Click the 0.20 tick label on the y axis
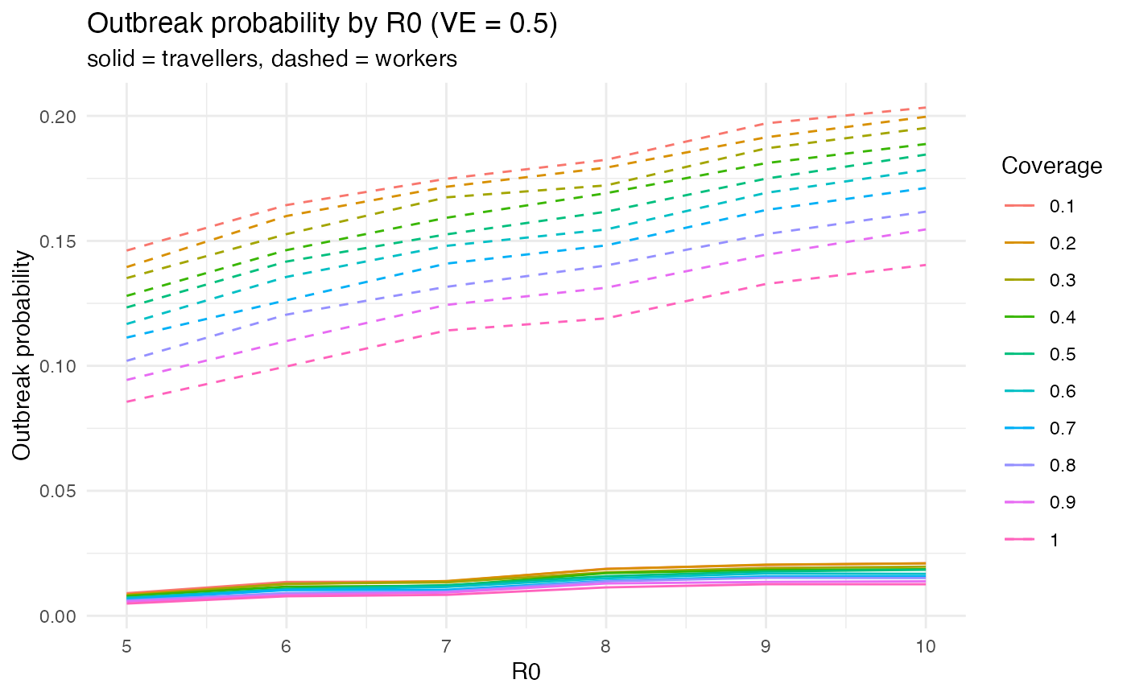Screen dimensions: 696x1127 56,117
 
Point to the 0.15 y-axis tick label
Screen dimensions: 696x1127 56,241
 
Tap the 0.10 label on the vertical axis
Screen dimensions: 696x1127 56,366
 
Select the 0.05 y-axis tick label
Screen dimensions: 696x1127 56,491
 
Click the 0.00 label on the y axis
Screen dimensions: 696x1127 56,616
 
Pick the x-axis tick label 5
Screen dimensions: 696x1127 126,646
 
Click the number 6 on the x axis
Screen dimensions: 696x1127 286,646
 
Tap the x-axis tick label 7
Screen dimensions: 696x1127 446,646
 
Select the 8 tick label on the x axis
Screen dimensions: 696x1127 605,646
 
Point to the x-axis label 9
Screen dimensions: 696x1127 766,646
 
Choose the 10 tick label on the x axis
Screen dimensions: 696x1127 925,646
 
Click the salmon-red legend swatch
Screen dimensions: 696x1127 1019,205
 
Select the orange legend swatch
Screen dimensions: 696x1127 1019,242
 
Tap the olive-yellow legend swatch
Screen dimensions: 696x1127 1019,279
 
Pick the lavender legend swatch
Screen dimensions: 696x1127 1019,465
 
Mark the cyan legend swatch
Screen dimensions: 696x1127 1019,391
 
